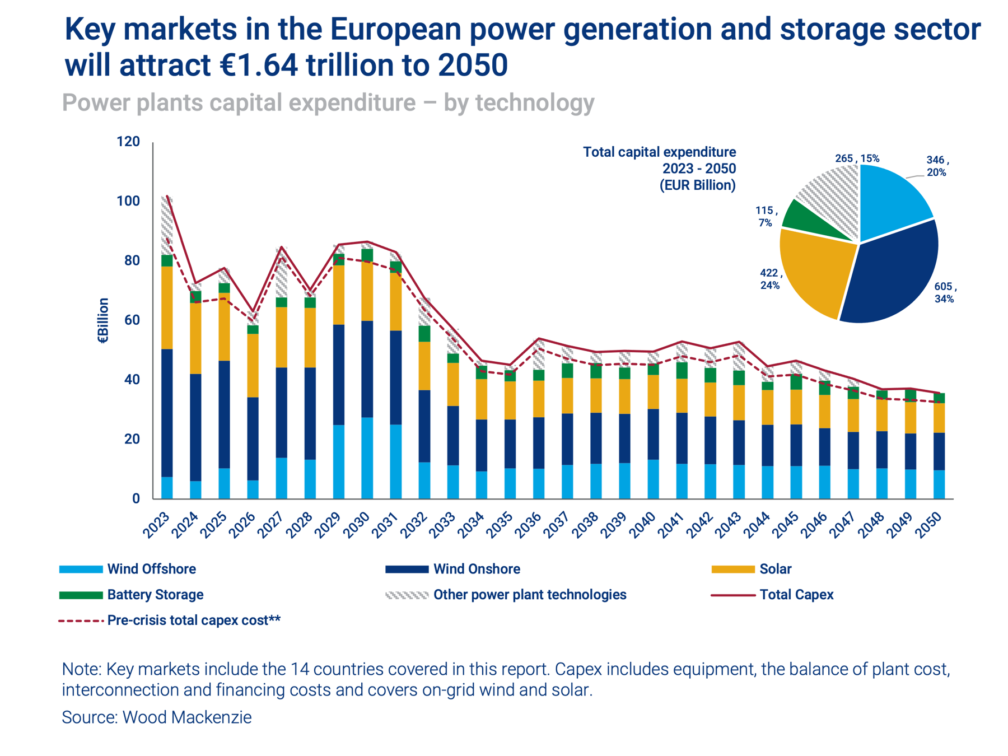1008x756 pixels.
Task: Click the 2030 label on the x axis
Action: pos(357,525)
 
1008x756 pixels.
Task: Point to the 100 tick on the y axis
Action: pos(128,201)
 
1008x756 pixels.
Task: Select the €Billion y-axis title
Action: pos(104,320)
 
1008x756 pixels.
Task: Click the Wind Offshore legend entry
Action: pos(151,569)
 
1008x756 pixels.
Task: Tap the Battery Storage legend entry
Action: pos(155,595)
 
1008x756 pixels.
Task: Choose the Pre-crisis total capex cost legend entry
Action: pos(193,620)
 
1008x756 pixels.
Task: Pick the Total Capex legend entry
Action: pos(796,595)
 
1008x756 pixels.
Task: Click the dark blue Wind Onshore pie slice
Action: pos(890,274)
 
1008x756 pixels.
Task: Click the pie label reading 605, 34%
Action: pos(945,293)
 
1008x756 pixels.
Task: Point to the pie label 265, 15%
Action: pos(857,158)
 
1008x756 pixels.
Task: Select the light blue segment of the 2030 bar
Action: pos(367,458)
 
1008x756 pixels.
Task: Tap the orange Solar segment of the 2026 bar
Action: pos(253,365)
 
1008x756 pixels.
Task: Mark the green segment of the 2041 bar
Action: pos(682,370)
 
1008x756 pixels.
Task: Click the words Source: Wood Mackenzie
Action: pos(157,717)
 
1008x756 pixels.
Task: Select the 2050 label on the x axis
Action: pos(929,525)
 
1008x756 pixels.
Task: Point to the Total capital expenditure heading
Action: pos(659,152)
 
